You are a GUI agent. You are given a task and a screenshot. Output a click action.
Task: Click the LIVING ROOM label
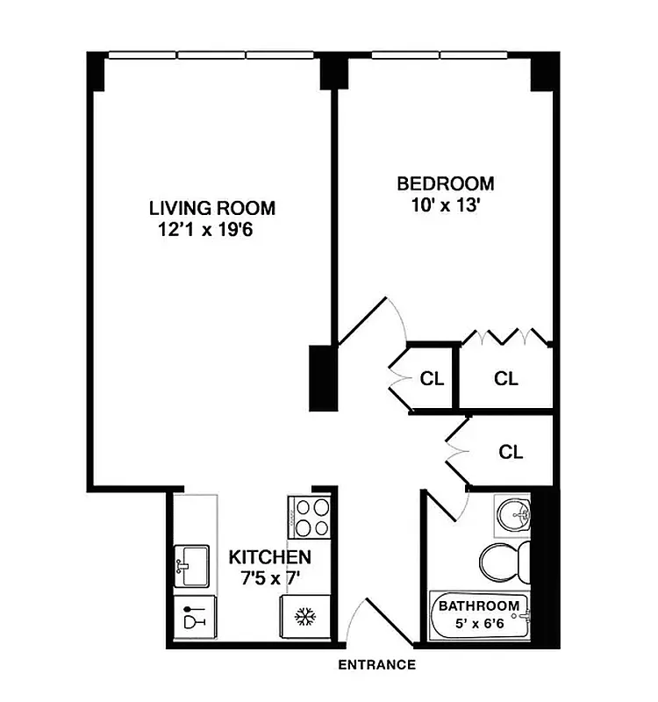[x=211, y=209]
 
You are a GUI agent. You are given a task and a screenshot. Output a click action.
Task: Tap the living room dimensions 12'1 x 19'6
[x=208, y=231]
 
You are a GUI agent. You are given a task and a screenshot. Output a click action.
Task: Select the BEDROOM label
[x=446, y=184]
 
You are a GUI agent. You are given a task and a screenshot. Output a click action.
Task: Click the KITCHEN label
[x=269, y=557]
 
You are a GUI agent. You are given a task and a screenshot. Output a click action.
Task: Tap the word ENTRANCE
[x=376, y=665]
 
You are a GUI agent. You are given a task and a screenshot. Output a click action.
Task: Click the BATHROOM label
[x=478, y=606]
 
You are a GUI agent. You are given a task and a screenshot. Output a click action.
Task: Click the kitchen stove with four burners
[x=310, y=517]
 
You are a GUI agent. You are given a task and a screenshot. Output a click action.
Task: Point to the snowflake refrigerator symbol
[x=304, y=618]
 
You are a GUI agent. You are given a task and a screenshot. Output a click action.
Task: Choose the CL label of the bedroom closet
[x=506, y=379]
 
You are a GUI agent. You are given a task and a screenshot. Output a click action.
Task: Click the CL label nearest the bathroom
[x=511, y=453]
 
